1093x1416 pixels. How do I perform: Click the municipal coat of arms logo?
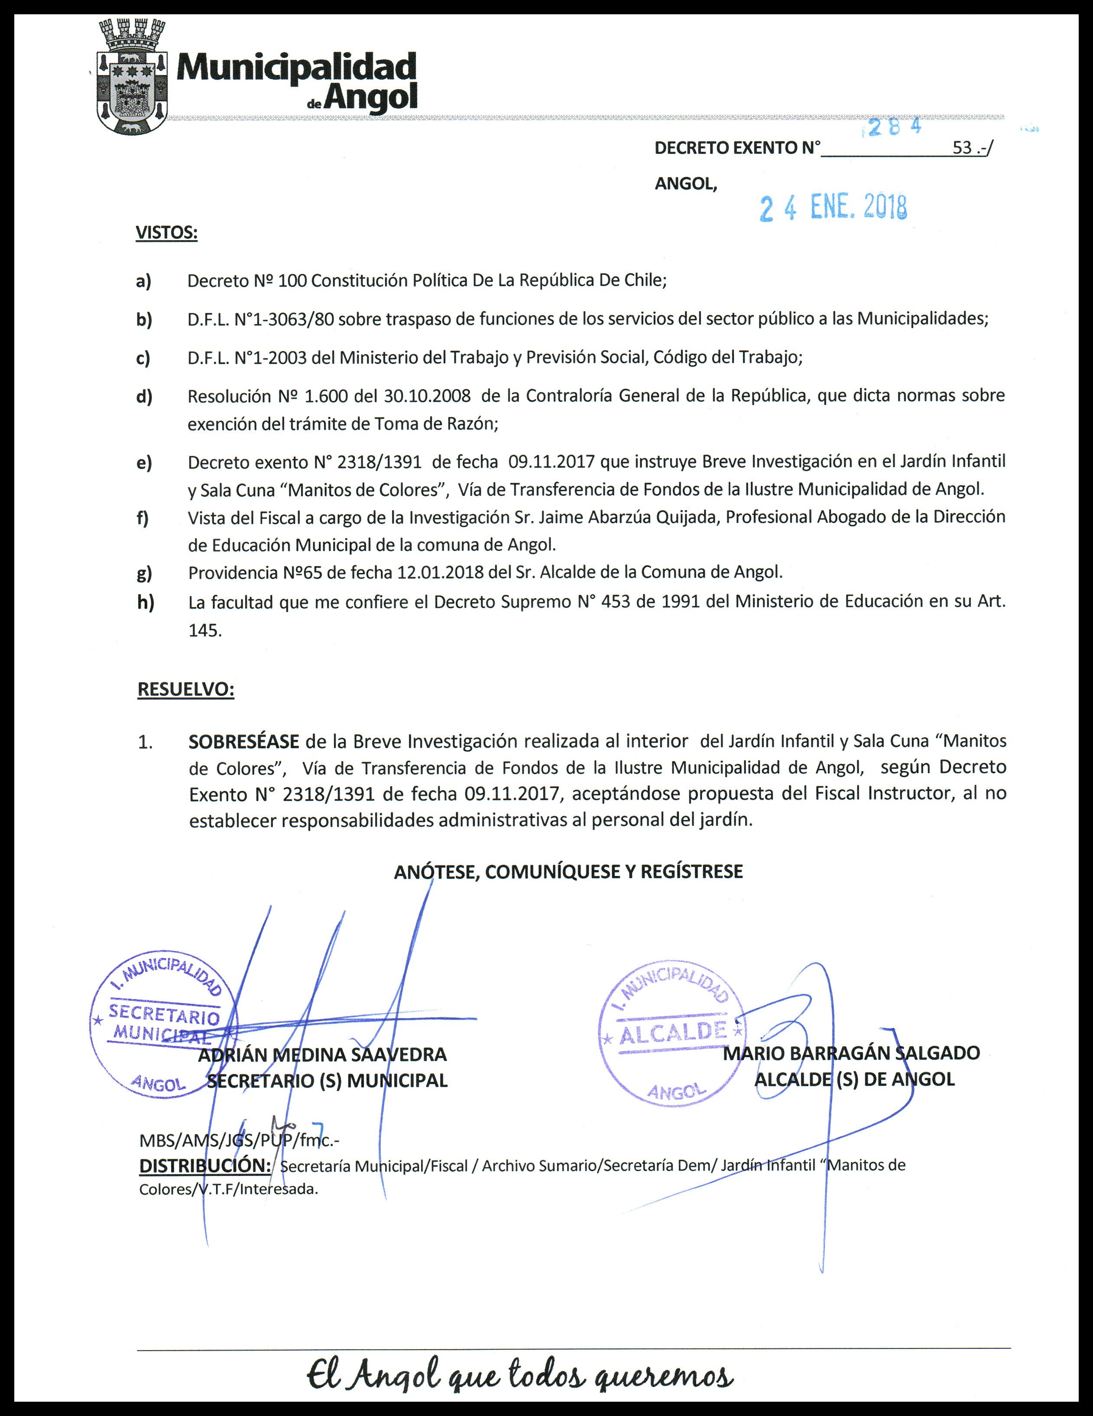pyautogui.click(x=133, y=78)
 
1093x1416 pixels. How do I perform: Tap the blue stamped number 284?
pyautogui.click(x=895, y=127)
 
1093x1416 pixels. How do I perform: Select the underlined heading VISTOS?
pyautogui.click(x=166, y=233)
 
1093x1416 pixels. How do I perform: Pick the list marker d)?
pyautogui.click(x=144, y=396)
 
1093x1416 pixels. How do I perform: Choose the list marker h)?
pyautogui.click(x=146, y=602)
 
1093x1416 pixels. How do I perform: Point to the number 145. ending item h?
pyautogui.click(x=205, y=631)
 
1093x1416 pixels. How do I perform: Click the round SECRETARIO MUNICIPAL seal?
pyautogui.click(x=163, y=1024)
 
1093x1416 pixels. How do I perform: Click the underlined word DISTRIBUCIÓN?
pyautogui.click(x=205, y=1165)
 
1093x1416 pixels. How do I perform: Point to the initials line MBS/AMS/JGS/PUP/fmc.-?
pyautogui.click(x=239, y=1140)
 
